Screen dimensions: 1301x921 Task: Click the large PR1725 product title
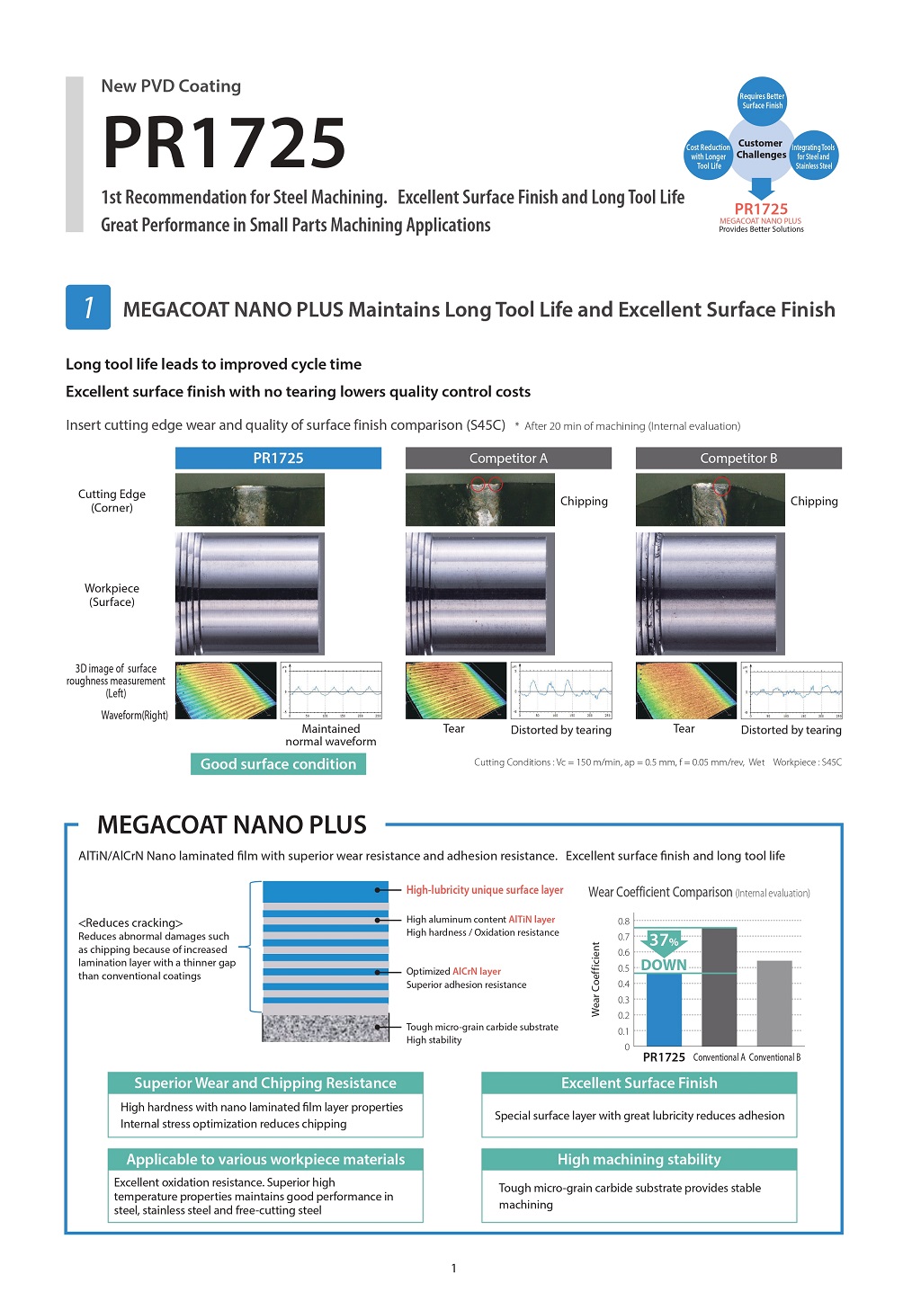click(224, 143)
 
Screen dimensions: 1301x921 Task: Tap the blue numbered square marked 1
click(88, 307)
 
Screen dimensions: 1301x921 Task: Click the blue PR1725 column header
click(278, 459)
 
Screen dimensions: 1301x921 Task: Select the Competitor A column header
click(508, 459)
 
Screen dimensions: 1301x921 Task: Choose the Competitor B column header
click(738, 459)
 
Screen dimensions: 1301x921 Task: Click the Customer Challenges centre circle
click(761, 149)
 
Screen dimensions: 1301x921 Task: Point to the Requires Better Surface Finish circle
click(762, 100)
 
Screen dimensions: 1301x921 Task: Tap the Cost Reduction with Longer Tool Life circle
click(708, 156)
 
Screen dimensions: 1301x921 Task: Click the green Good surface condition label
click(278, 764)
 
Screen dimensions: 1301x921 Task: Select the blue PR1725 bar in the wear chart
click(664, 1009)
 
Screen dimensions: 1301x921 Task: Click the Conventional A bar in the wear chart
click(719, 986)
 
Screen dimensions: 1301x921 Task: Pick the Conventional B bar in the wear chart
click(774, 1002)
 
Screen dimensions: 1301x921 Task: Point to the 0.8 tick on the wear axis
click(623, 922)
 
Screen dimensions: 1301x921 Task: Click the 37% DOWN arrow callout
click(664, 951)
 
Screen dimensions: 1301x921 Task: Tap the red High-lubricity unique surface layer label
click(485, 890)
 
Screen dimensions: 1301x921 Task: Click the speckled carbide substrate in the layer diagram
click(326, 1028)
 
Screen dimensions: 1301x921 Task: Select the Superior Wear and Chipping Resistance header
click(265, 1083)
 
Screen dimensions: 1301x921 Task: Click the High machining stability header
click(639, 1160)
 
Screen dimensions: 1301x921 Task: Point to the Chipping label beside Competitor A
click(584, 502)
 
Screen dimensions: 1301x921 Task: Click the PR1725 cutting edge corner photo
click(249, 500)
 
